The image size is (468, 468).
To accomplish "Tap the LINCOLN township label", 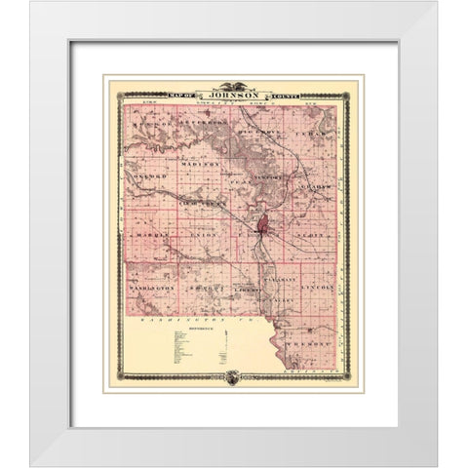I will (314, 289).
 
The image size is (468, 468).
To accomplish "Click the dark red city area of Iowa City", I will (260, 230).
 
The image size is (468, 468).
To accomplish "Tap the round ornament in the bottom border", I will (233, 376).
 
